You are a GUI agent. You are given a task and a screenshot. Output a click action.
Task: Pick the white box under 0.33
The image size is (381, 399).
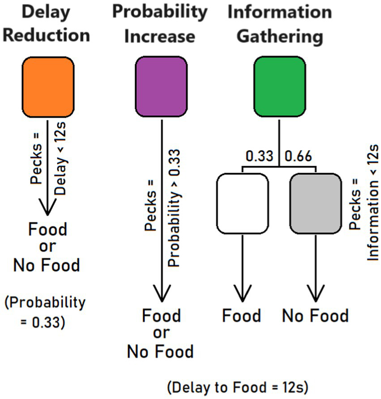pos(242,204)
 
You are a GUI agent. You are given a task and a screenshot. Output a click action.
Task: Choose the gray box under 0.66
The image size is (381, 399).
pos(316,204)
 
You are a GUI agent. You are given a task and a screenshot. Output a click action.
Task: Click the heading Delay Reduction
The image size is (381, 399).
pos(47,24)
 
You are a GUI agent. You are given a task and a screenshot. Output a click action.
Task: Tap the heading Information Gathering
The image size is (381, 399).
pos(280,24)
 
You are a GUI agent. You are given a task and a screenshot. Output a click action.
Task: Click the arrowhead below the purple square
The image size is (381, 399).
pos(161,297)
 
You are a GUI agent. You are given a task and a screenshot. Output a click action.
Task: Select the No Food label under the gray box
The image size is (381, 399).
pos(315,316)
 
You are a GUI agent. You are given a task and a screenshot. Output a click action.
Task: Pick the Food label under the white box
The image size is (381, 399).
pos(242,316)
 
